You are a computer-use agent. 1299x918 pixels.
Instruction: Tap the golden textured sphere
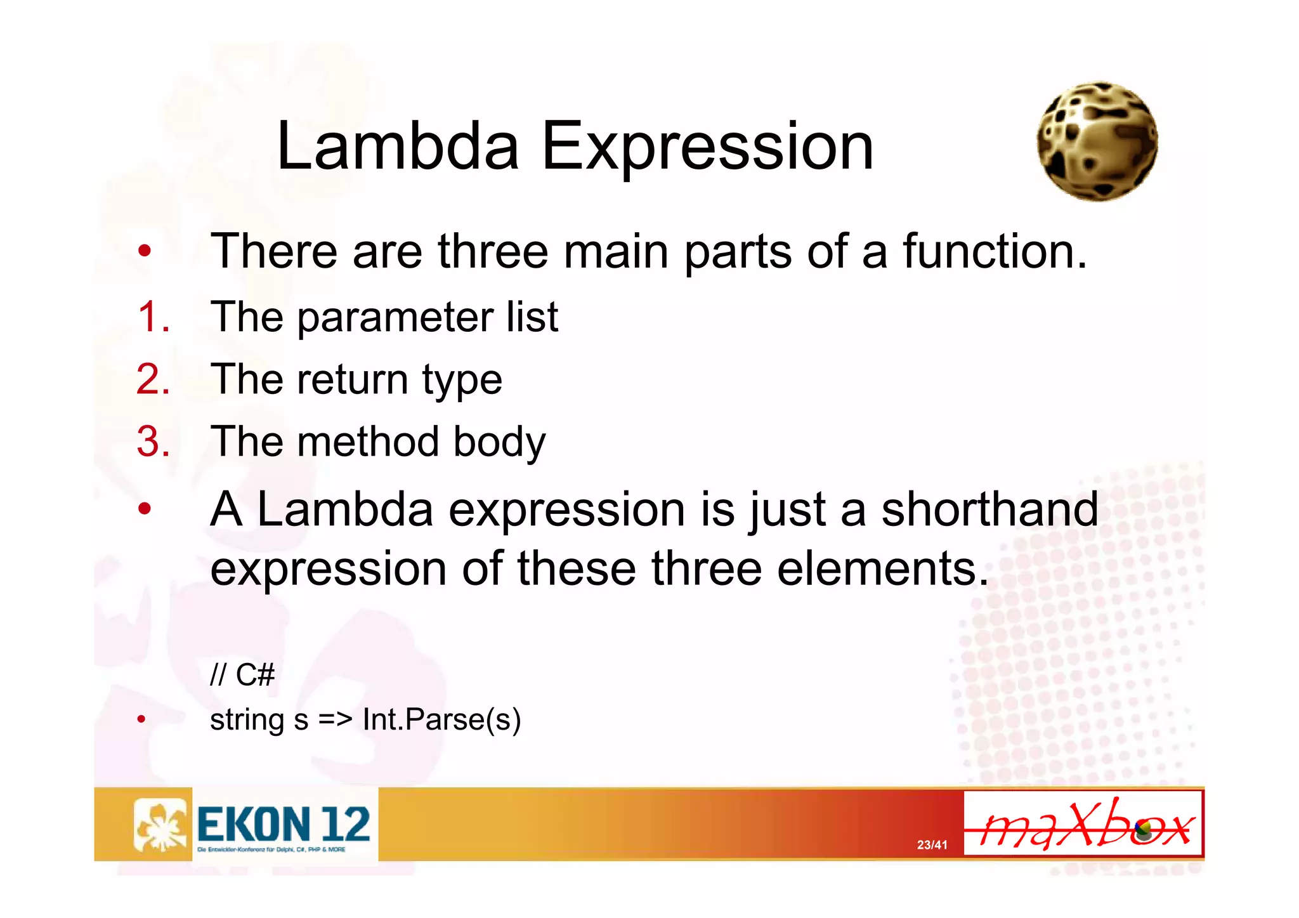coord(1097,141)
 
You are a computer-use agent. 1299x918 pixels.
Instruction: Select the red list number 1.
coord(153,317)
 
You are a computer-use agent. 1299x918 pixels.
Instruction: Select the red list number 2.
coord(153,379)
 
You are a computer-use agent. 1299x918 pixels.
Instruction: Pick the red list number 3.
coord(153,441)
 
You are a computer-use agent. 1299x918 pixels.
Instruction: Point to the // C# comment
coord(242,674)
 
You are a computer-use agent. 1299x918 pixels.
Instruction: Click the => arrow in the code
coord(335,719)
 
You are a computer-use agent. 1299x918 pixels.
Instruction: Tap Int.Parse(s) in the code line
coord(441,719)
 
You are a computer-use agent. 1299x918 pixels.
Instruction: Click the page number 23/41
coord(932,844)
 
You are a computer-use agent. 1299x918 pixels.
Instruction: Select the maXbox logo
coord(1083,824)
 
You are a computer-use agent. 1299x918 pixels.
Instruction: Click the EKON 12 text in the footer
coord(284,824)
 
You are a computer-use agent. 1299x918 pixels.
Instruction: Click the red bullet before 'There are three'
coord(145,251)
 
